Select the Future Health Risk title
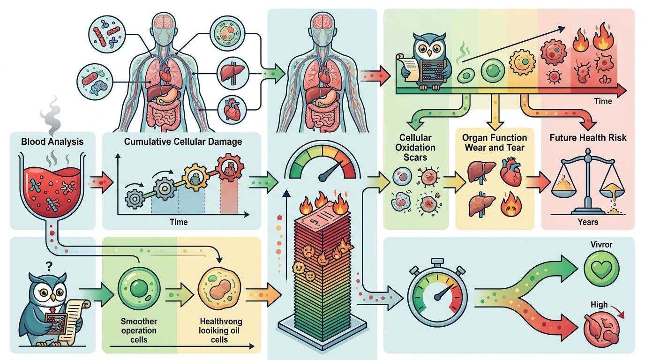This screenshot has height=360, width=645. pyautogui.click(x=588, y=138)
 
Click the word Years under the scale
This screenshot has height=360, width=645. pyautogui.click(x=588, y=221)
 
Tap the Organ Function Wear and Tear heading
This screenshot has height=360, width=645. pyautogui.click(x=494, y=142)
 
